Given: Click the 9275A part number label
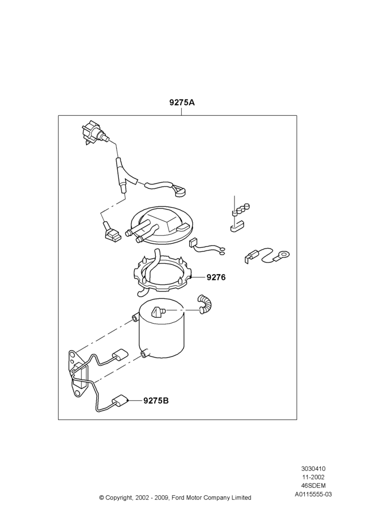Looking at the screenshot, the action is coord(182,102).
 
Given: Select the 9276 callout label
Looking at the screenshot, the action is coord(216,277).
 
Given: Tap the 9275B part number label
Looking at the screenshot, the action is coord(156,400).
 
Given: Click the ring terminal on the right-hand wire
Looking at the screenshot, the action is coord(283,255).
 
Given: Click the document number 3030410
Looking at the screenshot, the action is coord(313,468).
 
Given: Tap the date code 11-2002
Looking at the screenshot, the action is coord(313,477).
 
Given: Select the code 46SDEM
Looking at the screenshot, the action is coord(313,486).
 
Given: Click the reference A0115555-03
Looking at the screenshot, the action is coord(313,494).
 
